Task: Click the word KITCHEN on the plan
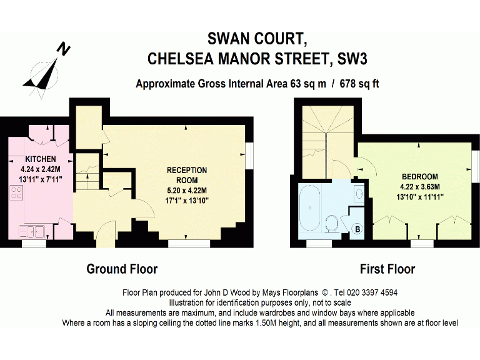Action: (40, 159)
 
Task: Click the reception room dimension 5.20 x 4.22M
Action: (187, 189)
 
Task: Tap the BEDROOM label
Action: (420, 176)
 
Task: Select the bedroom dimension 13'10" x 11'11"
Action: (420, 196)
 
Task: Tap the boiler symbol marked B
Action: (358, 229)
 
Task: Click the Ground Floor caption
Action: (122, 269)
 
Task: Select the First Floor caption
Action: (387, 269)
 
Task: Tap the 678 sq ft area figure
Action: (359, 84)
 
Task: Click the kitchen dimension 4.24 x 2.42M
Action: (40, 168)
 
